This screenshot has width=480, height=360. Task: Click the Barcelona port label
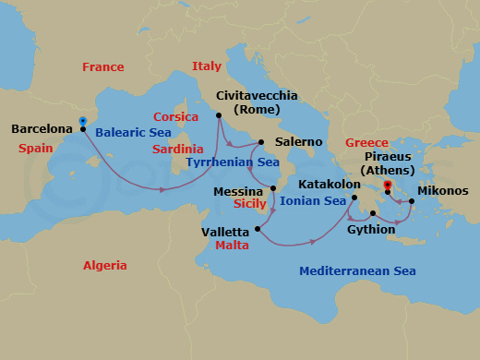pos(42,129)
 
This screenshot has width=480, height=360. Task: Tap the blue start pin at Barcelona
pos(83,121)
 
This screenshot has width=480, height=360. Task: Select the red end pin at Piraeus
pos(388,185)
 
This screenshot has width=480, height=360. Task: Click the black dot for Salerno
pos(262,142)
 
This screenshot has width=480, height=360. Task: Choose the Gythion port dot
pos(374,213)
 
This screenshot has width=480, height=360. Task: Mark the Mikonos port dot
pos(411,199)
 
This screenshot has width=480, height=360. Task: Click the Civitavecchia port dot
pos(219,115)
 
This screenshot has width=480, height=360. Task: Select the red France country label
pos(102,67)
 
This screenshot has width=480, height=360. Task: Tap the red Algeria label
pos(105,265)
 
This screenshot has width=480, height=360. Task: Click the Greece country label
pos(367,143)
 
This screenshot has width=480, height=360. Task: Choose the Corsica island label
pos(176,117)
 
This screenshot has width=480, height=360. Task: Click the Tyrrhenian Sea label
pos(233,162)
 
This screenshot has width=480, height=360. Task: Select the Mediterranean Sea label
pos(357,271)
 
